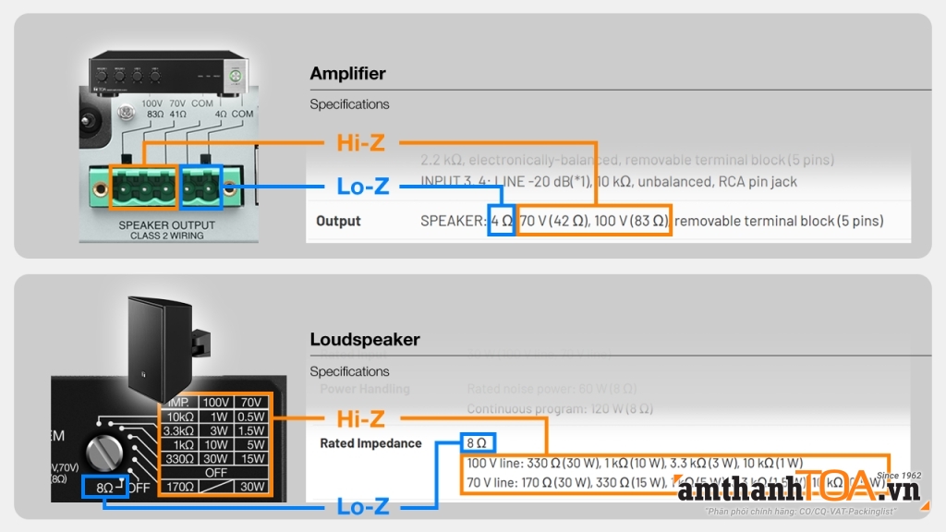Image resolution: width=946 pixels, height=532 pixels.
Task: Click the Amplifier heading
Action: [x=347, y=74]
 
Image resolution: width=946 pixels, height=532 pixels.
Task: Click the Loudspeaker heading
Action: [x=364, y=340]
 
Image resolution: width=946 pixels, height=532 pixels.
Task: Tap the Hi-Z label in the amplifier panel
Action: [x=360, y=143]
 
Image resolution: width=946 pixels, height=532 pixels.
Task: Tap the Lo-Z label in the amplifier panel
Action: [x=362, y=187]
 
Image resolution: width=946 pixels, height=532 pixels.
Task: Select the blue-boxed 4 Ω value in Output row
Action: [x=501, y=221]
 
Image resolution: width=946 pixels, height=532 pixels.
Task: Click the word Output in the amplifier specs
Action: [x=338, y=221]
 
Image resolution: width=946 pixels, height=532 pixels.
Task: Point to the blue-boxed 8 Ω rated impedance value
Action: [x=476, y=442]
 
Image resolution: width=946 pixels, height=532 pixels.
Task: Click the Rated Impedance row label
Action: [x=370, y=443]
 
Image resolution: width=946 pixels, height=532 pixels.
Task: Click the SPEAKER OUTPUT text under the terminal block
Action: [x=166, y=224]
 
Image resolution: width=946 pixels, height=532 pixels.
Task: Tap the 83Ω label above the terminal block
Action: [x=153, y=114]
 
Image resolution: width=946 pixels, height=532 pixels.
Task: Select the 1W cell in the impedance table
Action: [x=218, y=417]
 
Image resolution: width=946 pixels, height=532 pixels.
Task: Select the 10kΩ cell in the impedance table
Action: [x=181, y=417]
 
